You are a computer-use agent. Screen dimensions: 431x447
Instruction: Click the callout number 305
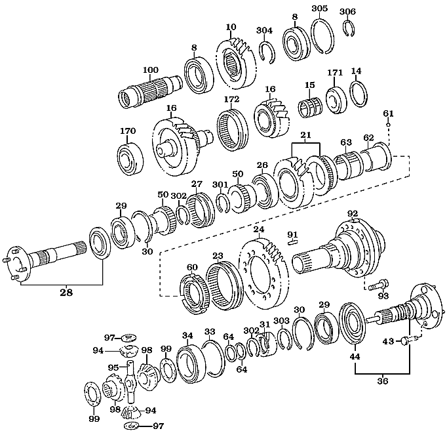point(319,8)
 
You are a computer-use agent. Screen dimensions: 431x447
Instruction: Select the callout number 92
point(353,214)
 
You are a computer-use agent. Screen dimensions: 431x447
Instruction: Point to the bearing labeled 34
point(191,363)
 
